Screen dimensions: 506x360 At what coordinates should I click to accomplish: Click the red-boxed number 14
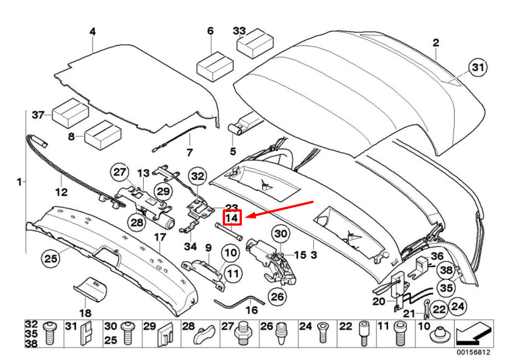click(232, 218)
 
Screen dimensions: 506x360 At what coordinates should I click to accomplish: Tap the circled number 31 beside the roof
click(478, 67)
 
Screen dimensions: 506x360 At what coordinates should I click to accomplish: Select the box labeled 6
click(215, 66)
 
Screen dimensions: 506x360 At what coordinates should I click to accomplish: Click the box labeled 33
click(255, 43)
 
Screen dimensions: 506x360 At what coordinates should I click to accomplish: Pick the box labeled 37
click(70, 113)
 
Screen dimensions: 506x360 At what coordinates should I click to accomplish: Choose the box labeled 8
click(103, 135)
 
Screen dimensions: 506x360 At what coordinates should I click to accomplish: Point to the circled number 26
click(277, 296)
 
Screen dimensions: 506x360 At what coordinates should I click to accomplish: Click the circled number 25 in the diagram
click(50, 259)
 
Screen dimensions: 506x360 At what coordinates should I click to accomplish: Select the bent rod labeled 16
click(239, 301)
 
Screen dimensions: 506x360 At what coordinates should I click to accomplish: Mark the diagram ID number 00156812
click(473, 352)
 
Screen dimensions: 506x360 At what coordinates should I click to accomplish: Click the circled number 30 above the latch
click(280, 234)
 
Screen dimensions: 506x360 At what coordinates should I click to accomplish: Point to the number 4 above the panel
click(93, 32)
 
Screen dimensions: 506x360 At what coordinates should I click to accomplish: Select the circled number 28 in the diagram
click(137, 222)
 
